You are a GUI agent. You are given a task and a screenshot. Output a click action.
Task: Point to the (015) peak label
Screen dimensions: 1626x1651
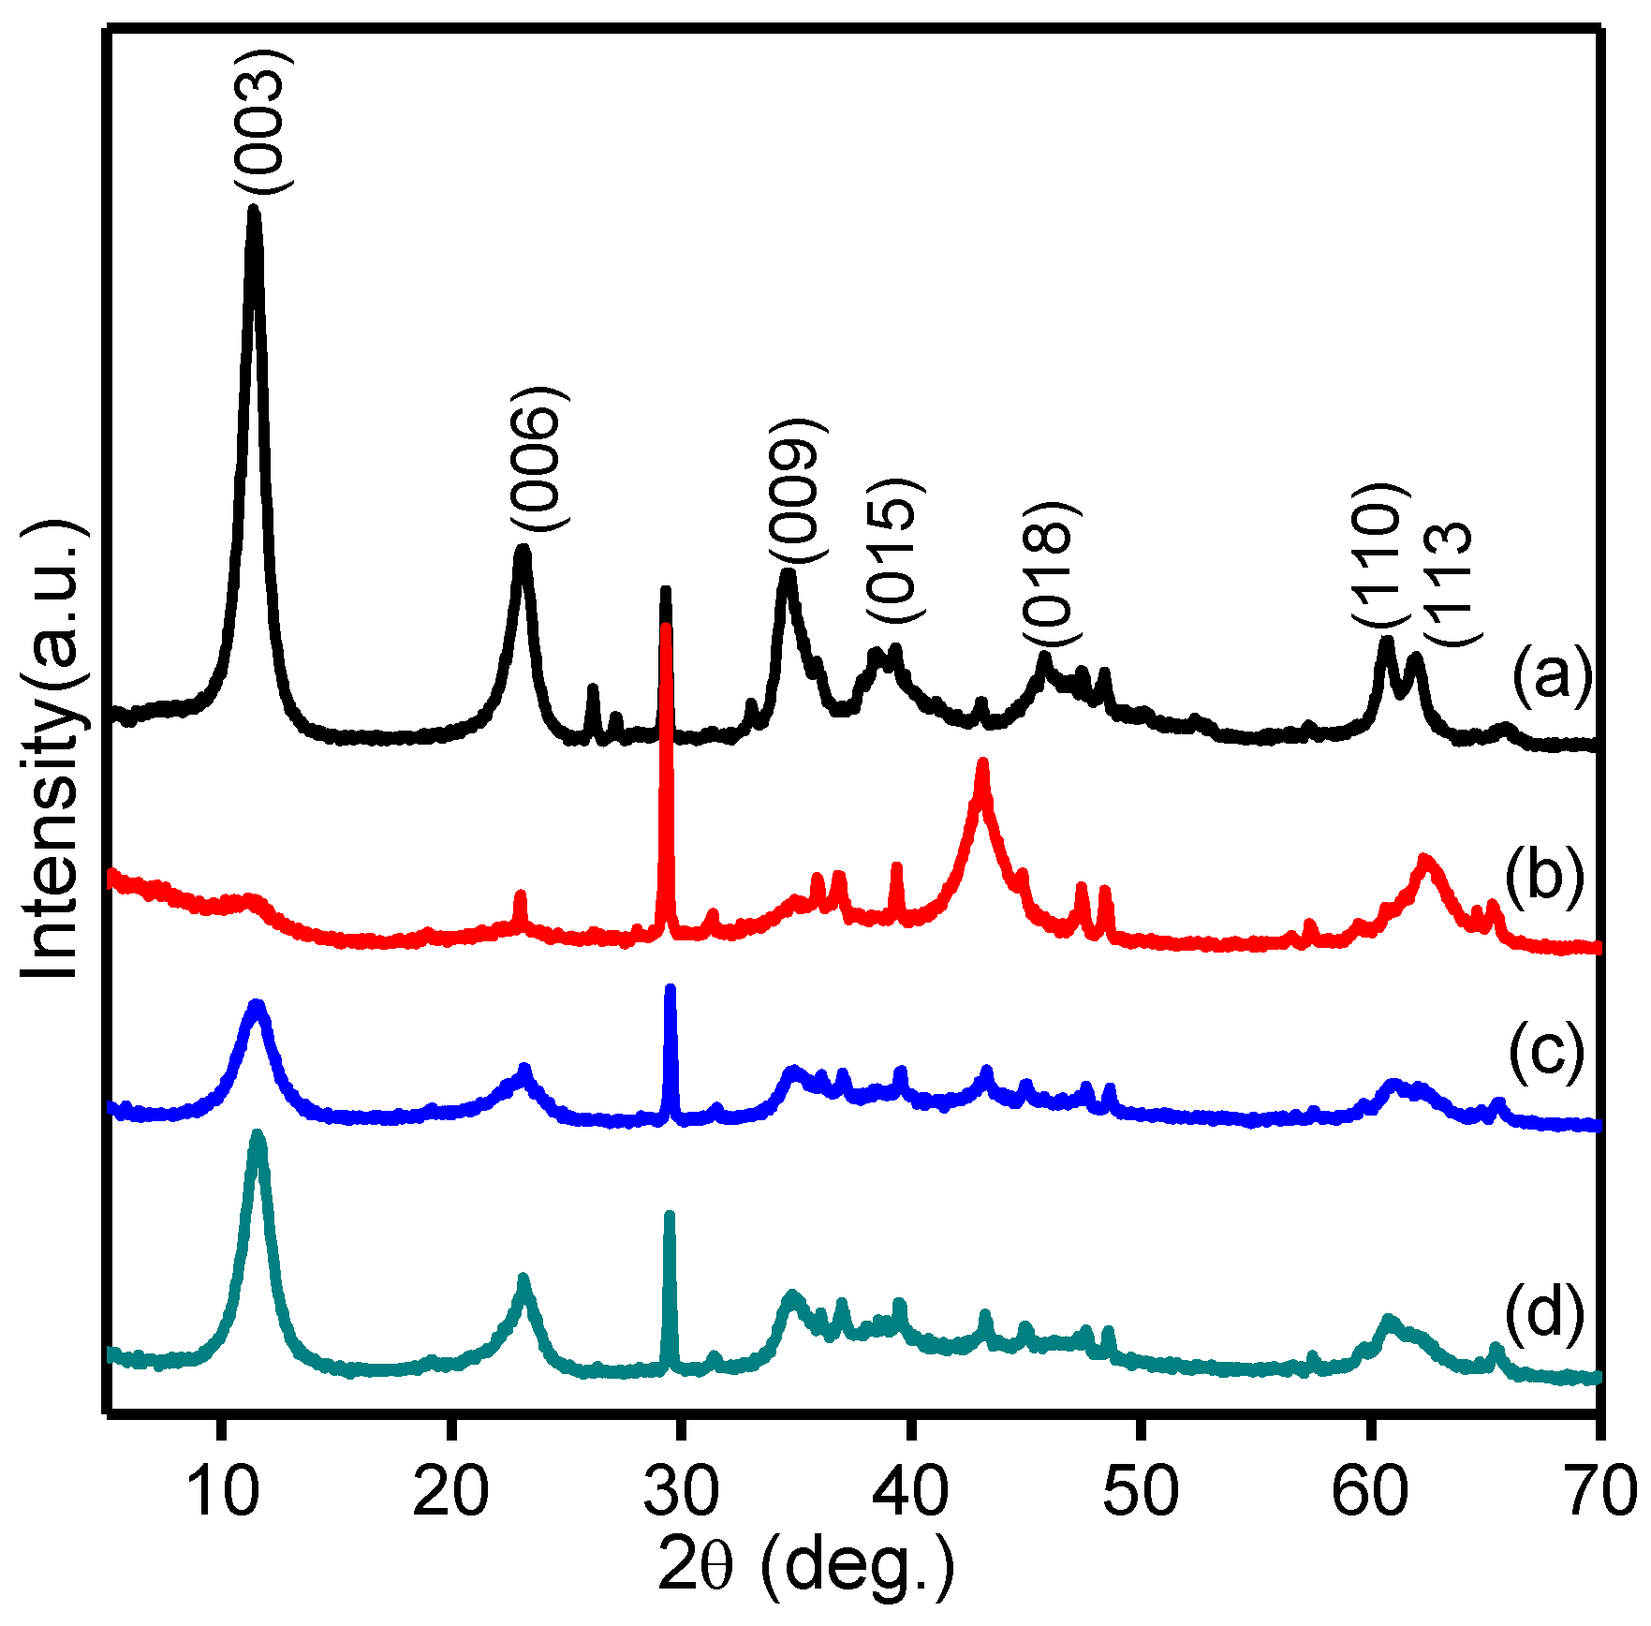coord(894,550)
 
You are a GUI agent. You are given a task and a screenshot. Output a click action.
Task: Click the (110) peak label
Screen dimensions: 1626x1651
coord(1378,555)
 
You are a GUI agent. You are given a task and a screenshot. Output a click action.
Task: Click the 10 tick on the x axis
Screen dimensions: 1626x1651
coord(222,1490)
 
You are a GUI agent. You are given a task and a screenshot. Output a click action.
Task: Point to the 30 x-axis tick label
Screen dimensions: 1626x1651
coord(681,1490)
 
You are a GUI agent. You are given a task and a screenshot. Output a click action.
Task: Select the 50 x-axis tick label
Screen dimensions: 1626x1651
coord(1140,1490)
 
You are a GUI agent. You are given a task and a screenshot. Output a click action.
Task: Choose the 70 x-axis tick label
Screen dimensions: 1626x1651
coord(1599,1490)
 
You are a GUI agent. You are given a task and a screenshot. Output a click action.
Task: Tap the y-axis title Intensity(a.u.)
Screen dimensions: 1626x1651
coord(52,749)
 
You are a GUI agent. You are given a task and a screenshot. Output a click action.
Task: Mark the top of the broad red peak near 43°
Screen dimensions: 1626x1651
coord(982,764)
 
